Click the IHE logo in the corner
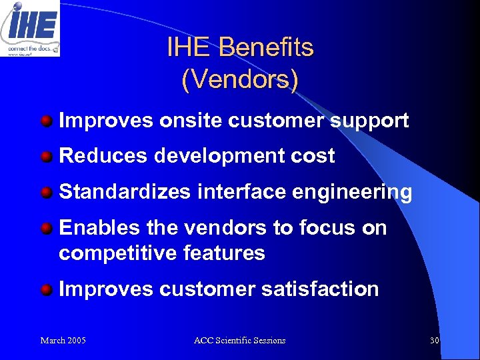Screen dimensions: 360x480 [x=30, y=28]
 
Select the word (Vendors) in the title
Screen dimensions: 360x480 [x=240, y=79]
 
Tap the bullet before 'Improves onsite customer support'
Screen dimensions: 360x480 [x=47, y=121]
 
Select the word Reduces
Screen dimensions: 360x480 [x=103, y=156]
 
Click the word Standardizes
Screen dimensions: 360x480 [x=125, y=192]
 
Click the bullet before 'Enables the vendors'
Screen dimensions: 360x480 [x=47, y=229]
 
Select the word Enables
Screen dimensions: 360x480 [x=99, y=227]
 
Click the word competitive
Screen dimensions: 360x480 [x=115, y=253]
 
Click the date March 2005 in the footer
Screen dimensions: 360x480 [x=63, y=341]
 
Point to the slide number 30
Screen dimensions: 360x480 [x=434, y=341]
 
